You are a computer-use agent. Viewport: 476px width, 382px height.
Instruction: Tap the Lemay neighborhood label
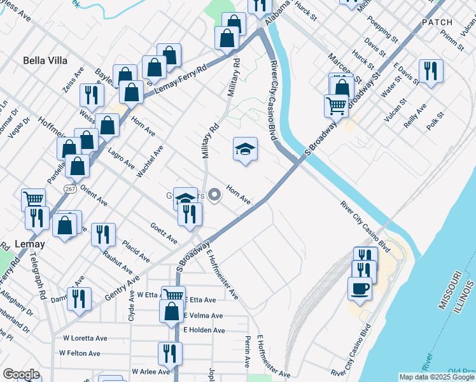[x=29, y=244]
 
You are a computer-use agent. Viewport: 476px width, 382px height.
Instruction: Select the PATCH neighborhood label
[x=437, y=22]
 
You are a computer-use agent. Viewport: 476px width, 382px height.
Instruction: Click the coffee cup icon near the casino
[x=360, y=287]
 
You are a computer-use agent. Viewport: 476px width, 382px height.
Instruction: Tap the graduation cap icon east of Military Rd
[x=245, y=150]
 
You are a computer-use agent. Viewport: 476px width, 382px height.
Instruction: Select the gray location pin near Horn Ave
[x=215, y=194]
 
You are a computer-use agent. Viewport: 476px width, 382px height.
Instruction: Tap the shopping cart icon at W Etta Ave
[x=172, y=295]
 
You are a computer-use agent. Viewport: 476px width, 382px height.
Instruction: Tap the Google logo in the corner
[x=21, y=374]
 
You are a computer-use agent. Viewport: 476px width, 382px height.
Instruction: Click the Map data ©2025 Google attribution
[x=437, y=377]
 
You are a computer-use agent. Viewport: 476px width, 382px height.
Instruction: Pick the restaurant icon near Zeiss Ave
[x=92, y=95]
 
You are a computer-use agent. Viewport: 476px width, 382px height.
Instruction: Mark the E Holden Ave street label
[x=204, y=330]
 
